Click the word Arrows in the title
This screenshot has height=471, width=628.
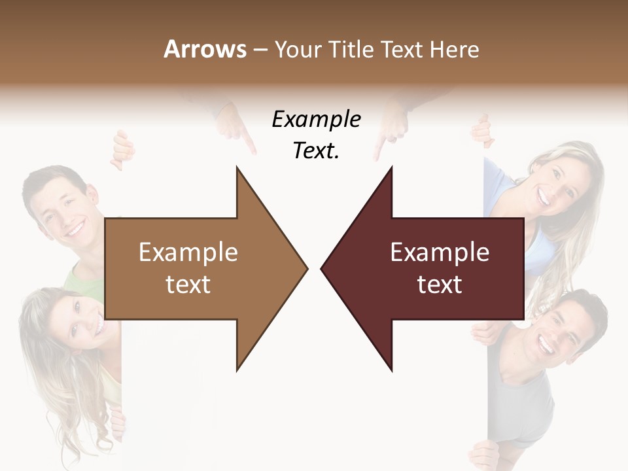point(205,49)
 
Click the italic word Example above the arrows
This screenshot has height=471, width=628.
point(316,120)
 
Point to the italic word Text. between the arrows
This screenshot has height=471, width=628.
point(316,150)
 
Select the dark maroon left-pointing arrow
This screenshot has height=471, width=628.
point(432,268)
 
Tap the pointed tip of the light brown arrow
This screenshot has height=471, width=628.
point(305,268)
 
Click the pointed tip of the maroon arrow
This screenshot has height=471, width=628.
point(323,268)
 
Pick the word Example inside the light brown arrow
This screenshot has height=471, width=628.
point(188,252)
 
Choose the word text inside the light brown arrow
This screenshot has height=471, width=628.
point(188,285)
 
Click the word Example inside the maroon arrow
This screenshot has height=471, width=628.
point(440,252)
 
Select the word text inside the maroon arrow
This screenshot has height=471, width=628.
point(440,285)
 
